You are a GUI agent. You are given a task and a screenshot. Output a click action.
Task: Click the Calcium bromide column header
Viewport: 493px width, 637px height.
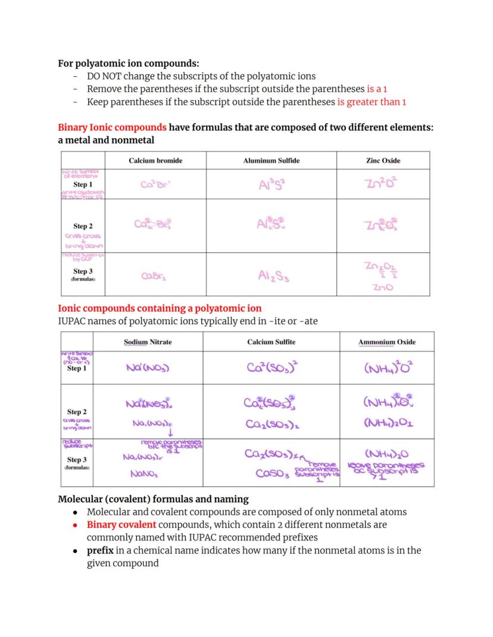pyautogui.click(x=155, y=161)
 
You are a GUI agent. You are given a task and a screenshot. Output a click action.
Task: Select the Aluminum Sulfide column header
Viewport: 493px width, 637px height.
pyautogui.click(x=271, y=161)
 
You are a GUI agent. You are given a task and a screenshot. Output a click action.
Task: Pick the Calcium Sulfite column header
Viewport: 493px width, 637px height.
pyautogui.click(x=271, y=342)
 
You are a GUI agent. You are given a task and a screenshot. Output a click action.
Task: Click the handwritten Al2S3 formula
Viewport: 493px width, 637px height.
pyautogui.click(x=273, y=276)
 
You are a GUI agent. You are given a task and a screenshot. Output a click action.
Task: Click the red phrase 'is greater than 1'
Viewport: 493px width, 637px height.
pyautogui.click(x=372, y=102)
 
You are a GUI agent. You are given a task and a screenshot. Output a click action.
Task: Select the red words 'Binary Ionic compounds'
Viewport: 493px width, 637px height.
pyautogui.click(x=112, y=128)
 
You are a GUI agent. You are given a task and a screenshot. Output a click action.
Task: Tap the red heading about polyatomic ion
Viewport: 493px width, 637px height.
pyautogui.click(x=159, y=308)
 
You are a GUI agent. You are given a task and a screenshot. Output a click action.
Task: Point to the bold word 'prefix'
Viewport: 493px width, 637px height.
pyautogui.click(x=100, y=550)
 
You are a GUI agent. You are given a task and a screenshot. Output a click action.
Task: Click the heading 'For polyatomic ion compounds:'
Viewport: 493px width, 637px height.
pyautogui.click(x=128, y=63)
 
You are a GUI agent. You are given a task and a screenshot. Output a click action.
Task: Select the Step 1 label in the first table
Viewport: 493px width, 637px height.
pyautogui.click(x=83, y=184)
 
